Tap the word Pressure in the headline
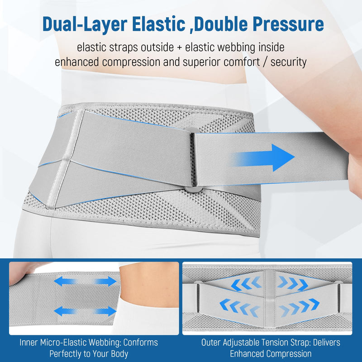tap(288, 24)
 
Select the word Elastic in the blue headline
tap(158, 24)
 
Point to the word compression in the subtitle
tap(131, 62)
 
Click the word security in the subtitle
tap(289, 62)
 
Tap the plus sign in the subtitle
tap(179, 48)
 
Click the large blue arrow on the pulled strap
tap(263, 157)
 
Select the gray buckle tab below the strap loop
tap(194, 189)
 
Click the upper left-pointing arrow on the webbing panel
tap(65, 281)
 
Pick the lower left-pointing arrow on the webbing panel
tap(65, 311)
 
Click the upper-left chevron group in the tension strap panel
tap(246, 283)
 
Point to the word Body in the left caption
tap(119, 354)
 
